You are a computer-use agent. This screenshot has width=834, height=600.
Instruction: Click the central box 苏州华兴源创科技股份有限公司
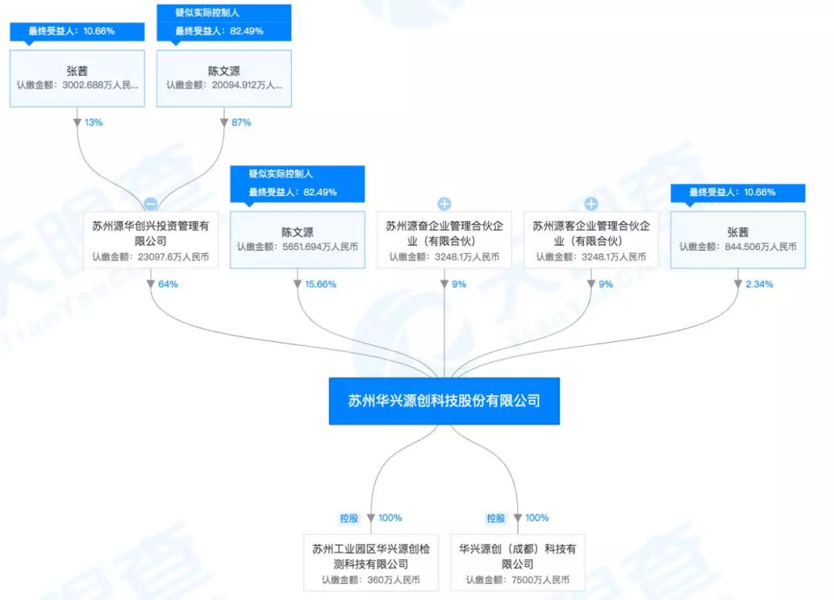[x=444, y=401]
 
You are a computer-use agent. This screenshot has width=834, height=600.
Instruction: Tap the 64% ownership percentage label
[x=168, y=284]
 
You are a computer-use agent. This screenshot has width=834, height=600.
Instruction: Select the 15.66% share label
[x=320, y=284]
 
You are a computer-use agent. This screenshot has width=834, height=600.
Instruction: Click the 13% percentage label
[x=93, y=123]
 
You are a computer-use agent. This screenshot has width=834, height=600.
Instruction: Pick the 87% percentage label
[x=241, y=123]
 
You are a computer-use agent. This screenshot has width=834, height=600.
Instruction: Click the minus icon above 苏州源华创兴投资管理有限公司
[x=151, y=204]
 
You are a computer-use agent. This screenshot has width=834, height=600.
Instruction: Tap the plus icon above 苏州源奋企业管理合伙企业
[x=444, y=204]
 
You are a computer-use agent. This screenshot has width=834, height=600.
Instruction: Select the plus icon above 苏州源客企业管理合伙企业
[x=591, y=204]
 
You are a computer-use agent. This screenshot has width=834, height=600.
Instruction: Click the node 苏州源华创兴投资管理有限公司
[x=151, y=240]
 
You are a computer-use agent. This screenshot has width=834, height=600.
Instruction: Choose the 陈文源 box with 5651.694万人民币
[x=297, y=240]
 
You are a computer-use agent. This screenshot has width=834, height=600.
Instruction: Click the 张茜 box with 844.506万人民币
[x=737, y=240]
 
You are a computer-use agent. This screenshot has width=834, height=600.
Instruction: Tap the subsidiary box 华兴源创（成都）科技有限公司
[x=517, y=563]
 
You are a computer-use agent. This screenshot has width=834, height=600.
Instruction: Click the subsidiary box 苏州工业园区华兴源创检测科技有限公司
[x=371, y=563]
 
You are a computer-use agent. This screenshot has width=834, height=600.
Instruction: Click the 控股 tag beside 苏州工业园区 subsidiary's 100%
[x=349, y=518]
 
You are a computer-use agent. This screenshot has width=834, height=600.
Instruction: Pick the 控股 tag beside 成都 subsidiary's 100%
[x=495, y=518]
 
